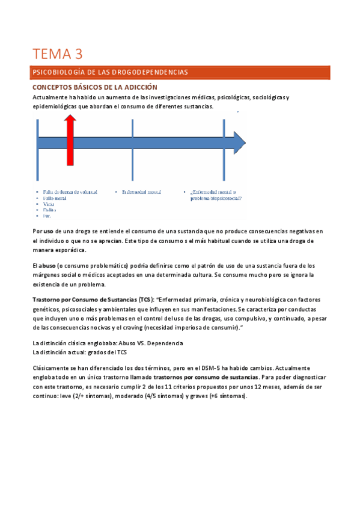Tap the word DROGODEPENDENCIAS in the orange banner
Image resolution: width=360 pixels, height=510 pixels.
pyautogui.click(x=150, y=72)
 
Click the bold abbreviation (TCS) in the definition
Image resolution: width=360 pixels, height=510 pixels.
pyautogui.click(x=144, y=299)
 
